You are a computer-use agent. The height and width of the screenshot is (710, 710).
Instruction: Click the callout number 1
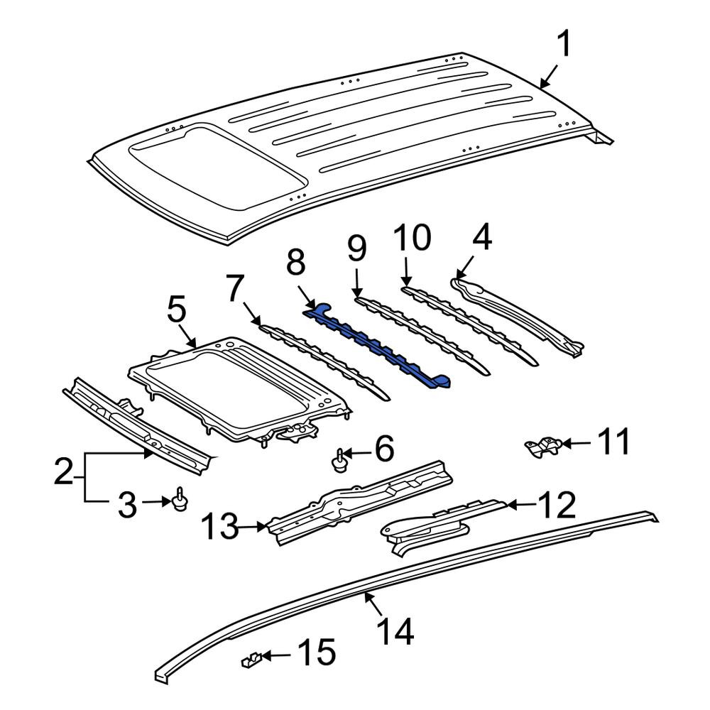(x=564, y=43)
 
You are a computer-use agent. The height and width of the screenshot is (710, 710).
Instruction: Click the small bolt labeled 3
(x=181, y=500)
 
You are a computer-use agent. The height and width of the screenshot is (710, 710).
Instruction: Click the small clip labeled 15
(x=251, y=662)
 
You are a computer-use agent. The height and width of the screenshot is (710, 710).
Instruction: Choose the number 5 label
(x=176, y=310)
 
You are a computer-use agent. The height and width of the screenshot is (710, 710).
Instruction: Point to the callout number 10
(x=412, y=237)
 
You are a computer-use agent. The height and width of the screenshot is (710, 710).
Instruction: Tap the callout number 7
(x=237, y=288)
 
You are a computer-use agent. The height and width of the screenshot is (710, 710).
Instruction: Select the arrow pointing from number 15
(x=276, y=655)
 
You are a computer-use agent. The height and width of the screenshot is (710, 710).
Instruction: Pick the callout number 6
(x=384, y=449)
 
